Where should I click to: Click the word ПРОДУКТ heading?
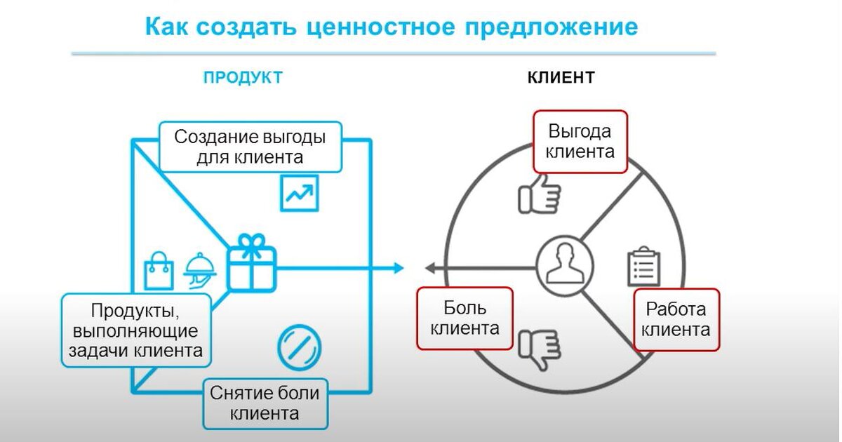(243, 77)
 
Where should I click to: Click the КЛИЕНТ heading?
(561, 77)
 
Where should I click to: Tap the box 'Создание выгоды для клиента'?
(250, 146)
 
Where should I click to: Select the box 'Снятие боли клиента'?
(265, 403)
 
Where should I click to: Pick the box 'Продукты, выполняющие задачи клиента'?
(136, 330)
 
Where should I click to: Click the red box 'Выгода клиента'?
(580, 141)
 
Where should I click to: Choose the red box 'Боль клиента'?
(465, 318)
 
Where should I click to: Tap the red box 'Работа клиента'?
(676, 319)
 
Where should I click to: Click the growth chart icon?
(300, 193)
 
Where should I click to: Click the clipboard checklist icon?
(643, 266)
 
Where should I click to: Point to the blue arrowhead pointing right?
(399, 267)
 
